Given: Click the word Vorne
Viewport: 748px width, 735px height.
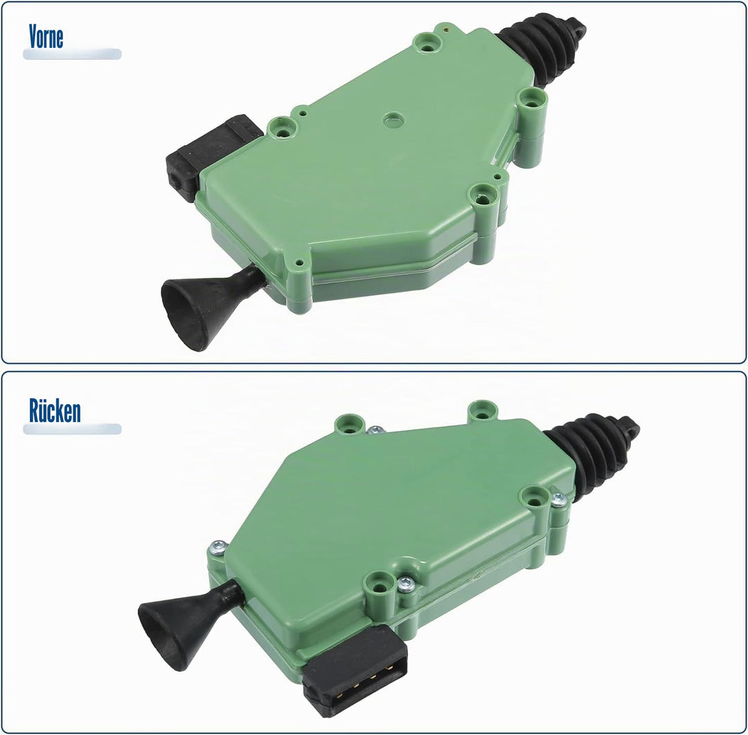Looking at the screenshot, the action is tap(46, 37).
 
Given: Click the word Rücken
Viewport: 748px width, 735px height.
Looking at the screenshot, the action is tap(55, 410).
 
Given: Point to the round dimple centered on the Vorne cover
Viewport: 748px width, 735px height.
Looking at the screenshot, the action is tap(393, 120).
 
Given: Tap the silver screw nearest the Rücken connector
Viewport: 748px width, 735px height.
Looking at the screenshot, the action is tap(405, 584).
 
